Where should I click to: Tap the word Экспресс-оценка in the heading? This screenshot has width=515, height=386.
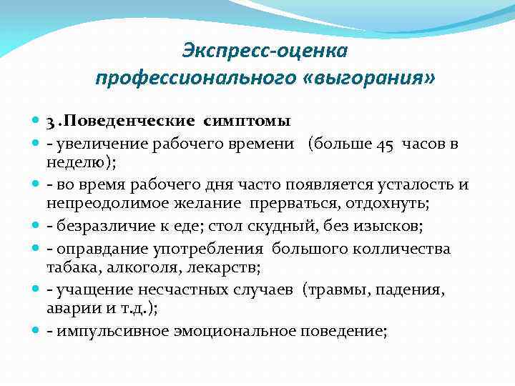[265, 51]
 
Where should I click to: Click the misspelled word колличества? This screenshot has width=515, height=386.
[400, 249]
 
